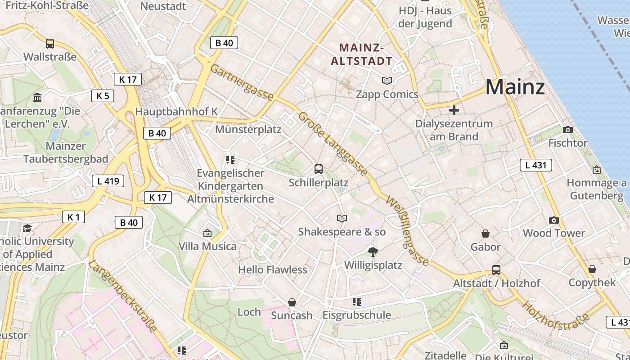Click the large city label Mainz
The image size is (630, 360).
tap(515, 87)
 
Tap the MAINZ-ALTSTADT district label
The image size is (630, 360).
tap(361, 54)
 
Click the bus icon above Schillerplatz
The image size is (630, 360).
tap(319, 169)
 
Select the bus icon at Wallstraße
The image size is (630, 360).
tap(50, 44)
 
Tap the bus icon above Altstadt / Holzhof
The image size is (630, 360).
tap(496, 270)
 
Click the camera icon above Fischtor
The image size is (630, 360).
tap(568, 130)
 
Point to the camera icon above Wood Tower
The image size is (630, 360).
tap(554, 220)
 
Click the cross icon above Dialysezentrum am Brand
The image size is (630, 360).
tap(454, 110)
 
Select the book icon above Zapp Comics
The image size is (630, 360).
tap(387, 81)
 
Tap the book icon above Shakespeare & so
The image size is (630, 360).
tap(342, 218)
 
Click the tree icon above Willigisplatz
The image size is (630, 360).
tap(373, 252)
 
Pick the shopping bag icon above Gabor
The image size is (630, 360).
tap(486, 233)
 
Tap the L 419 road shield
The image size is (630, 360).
tap(108, 181)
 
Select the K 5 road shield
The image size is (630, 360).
tap(103, 96)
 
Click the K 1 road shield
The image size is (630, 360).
tap(73, 217)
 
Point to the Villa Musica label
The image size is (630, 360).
tap(207, 246)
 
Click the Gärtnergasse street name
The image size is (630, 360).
tap(241, 82)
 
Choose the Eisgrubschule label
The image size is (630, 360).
tap(357, 315)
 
